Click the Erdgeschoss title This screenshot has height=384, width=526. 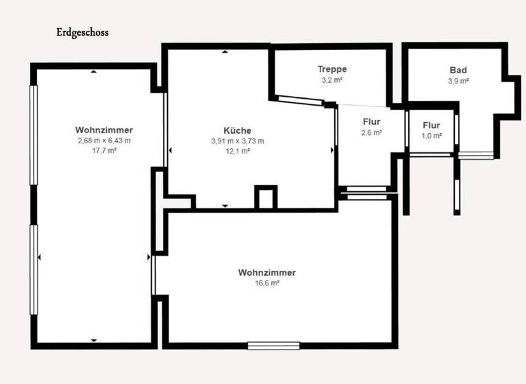click(x=82, y=32)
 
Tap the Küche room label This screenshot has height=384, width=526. click(x=237, y=131)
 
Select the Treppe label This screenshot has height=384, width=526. click(x=332, y=69)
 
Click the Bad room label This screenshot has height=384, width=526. click(x=458, y=71)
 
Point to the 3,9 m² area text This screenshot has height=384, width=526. click(x=458, y=81)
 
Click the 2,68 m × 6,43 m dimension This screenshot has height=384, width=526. click(x=104, y=141)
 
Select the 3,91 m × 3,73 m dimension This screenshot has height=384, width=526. click(x=237, y=141)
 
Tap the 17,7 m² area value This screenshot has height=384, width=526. click(x=104, y=150)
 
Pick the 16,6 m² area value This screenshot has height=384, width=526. click(x=267, y=283)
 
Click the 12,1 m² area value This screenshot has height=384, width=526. click(x=237, y=151)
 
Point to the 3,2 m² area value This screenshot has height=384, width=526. click(x=332, y=80)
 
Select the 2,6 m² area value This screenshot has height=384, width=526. click(x=371, y=133)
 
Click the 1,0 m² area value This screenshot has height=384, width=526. click(x=431, y=136)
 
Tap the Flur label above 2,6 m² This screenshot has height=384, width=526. click(x=371, y=123)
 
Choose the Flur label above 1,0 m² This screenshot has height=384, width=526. click(x=431, y=125)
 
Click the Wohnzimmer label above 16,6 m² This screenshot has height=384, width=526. click(x=267, y=273)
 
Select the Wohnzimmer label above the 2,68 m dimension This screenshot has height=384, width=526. click(x=104, y=130)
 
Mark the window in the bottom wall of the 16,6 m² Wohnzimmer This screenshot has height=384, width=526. click(x=274, y=346)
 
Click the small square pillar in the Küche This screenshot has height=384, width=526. click(x=265, y=197)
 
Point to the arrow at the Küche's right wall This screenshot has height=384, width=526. click(x=334, y=149)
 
